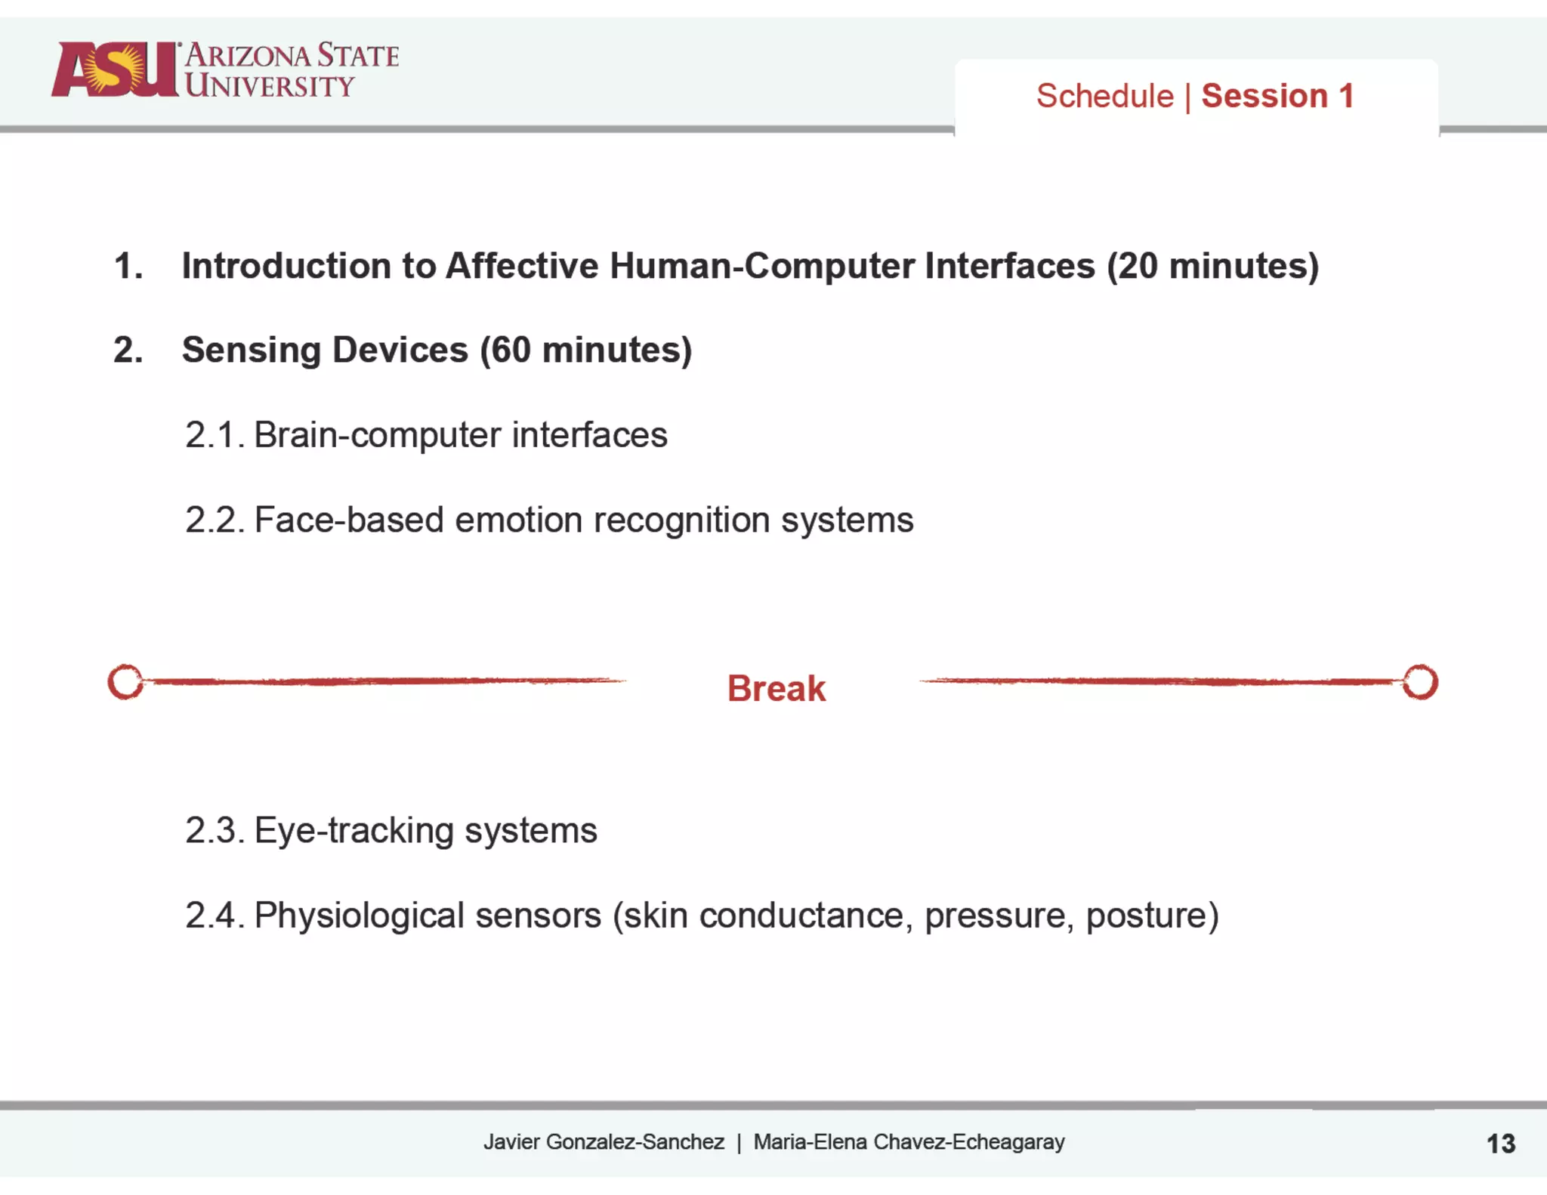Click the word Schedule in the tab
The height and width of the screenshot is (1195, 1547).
coord(1104,96)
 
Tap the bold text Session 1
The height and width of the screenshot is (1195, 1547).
coord(1277,96)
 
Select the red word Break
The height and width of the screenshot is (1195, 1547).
coord(776,688)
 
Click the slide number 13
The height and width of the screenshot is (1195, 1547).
coord(1500,1143)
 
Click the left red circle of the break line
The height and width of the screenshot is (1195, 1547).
coord(125,682)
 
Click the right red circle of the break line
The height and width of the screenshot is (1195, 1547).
coord(1420,682)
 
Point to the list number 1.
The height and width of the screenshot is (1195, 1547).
coord(128,266)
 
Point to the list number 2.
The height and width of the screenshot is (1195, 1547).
coord(128,350)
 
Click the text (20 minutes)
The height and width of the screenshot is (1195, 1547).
coord(1212,266)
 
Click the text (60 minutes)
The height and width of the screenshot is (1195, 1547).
coord(586,350)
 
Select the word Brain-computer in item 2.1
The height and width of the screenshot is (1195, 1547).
coord(377,435)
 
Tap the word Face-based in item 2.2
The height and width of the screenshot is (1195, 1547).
coord(348,520)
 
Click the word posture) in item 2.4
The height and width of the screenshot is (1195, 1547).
coord(1152,916)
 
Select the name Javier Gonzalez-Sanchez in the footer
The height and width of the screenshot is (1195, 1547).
coord(604,1141)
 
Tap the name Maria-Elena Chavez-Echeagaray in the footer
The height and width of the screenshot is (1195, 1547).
coord(909,1141)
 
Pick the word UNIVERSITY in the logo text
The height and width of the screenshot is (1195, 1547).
coord(270,85)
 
